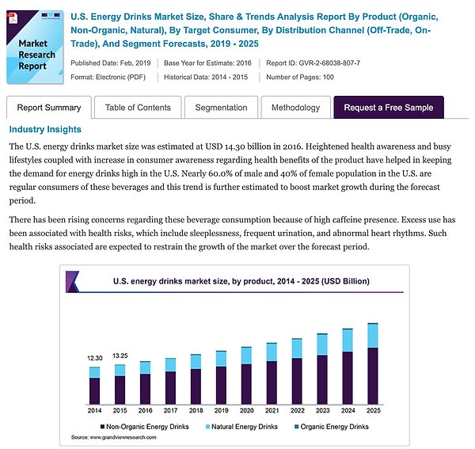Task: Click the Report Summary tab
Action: pos(49,108)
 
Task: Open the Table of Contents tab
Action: pos(138,108)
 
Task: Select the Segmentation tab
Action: pos(221,108)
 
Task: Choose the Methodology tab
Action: pos(295,108)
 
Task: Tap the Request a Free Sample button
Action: pos(389,108)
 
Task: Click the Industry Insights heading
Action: pos(45,129)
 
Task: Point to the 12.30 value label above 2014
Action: pos(94,359)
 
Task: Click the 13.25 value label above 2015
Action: pos(120,356)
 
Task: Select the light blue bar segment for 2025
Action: pos(373,336)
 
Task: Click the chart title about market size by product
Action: pos(241,281)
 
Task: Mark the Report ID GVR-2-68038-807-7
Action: pos(314,62)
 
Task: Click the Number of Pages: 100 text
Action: pos(300,77)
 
